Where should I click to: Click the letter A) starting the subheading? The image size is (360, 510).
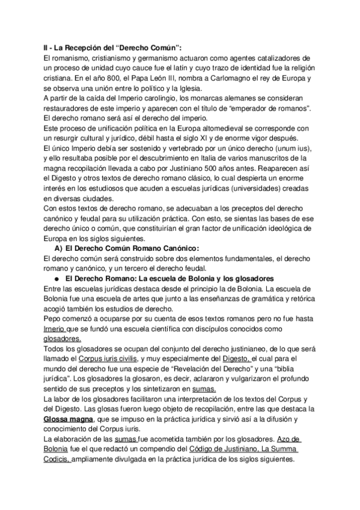(59, 232)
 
